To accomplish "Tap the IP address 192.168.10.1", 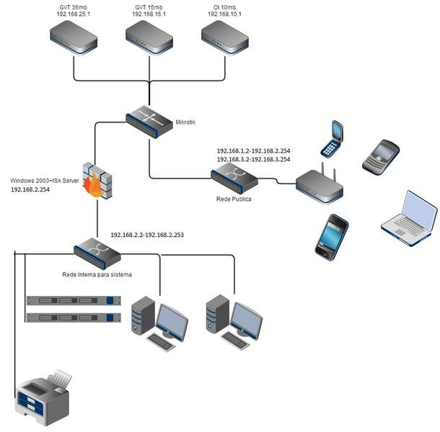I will (x=224, y=14).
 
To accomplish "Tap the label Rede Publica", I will (x=234, y=198).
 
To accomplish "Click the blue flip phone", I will (x=331, y=139).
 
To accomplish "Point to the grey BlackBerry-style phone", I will (x=379, y=154).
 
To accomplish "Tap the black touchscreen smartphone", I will (x=331, y=235).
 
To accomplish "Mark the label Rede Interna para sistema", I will (x=96, y=274).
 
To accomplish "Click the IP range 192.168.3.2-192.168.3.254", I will (x=253, y=160).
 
